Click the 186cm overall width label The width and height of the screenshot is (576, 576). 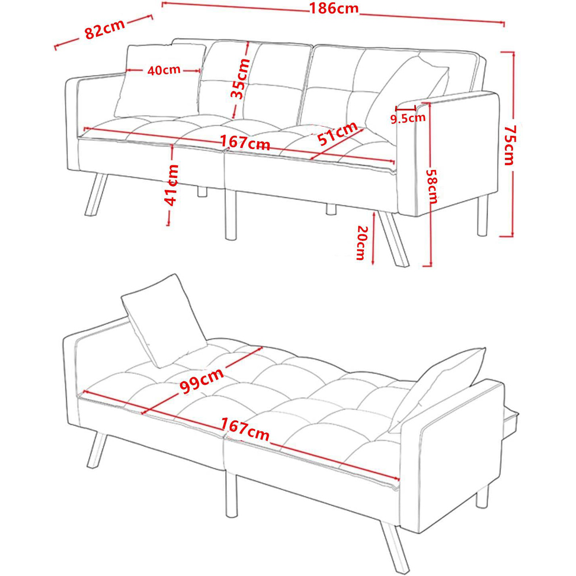(334, 9)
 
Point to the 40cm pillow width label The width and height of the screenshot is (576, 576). (164, 70)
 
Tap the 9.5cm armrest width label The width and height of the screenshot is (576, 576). (408, 118)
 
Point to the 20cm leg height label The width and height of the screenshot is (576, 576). (362, 242)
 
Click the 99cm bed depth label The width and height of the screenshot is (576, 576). (202, 380)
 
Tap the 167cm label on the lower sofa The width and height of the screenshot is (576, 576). (245, 429)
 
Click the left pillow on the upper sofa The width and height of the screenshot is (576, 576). (156, 81)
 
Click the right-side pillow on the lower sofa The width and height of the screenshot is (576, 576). (438, 386)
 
